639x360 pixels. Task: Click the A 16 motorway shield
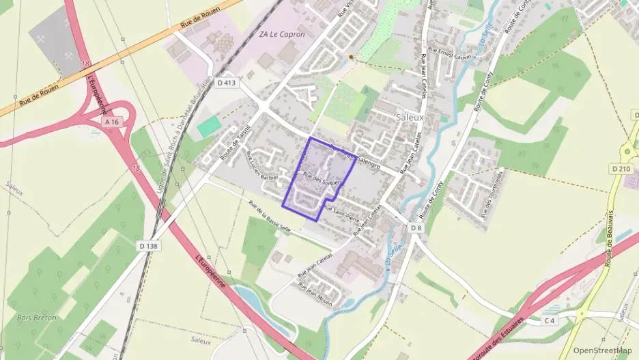pyautogui.click(x=112, y=120)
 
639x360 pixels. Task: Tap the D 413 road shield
pyautogui.click(x=226, y=83)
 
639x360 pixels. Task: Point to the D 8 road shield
pyautogui.click(x=417, y=227)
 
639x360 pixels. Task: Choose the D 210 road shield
pyautogui.click(x=621, y=168)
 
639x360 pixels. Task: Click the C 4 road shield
pyautogui.click(x=550, y=320)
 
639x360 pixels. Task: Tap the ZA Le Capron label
pyautogui.click(x=282, y=34)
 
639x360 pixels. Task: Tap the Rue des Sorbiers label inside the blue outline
pyautogui.click(x=321, y=182)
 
